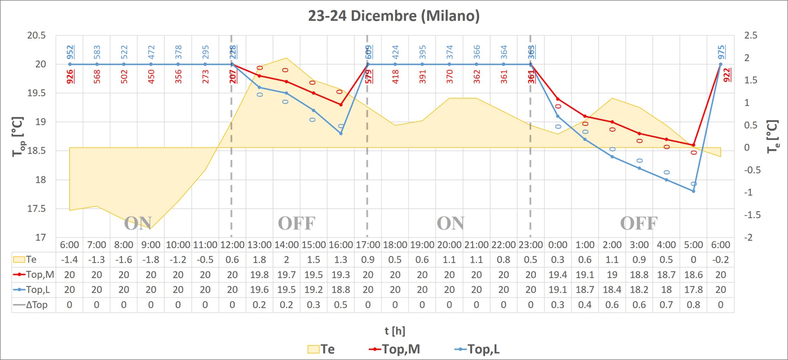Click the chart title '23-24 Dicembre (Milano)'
pos(394,16)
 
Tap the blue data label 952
pos(70,52)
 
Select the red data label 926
pos(70,77)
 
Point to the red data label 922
pos(727,75)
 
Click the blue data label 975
pos(721,52)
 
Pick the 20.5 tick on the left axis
pos(37,35)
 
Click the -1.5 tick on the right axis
pos(752,215)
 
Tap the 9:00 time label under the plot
pos(151,245)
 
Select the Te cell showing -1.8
pos(151,260)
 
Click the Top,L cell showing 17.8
pos(693,290)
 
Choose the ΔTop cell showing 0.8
pos(693,305)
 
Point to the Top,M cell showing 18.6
pos(693,275)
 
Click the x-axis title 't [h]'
pos(395,331)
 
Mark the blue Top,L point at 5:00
pos(694,191)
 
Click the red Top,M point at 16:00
pos(341,105)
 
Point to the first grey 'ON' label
pos(138,223)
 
